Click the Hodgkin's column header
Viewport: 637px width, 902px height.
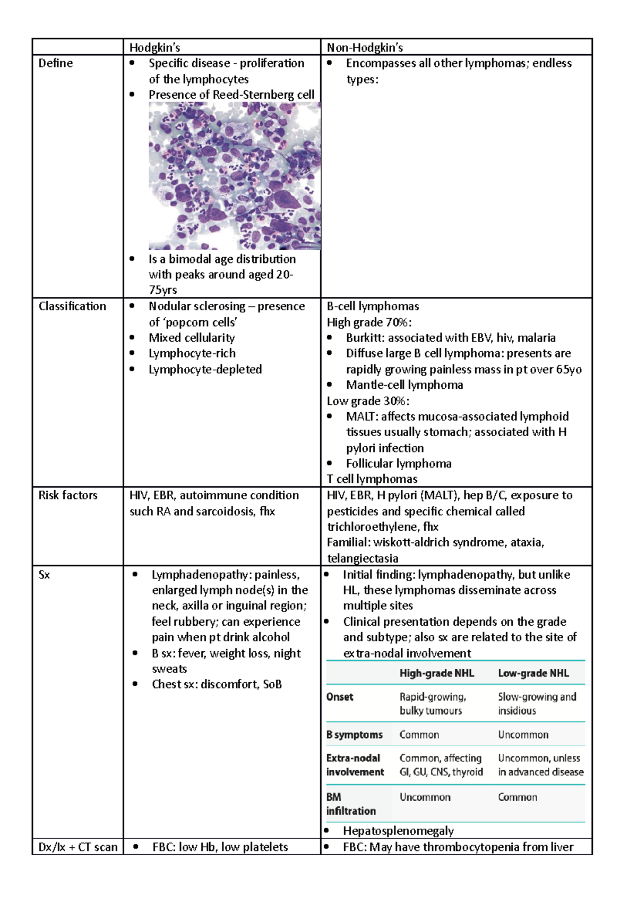tap(154, 48)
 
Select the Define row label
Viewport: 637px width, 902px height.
tap(56, 63)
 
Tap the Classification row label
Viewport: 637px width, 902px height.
tap(72, 307)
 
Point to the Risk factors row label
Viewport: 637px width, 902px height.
tap(68, 496)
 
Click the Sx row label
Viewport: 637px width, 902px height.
tap(44, 575)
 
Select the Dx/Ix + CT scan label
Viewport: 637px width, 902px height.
tap(78, 847)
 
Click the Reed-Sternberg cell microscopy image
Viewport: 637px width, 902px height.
tap(234, 176)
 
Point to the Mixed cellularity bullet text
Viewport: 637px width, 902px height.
tap(192, 338)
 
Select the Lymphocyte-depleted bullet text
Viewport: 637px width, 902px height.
tap(205, 369)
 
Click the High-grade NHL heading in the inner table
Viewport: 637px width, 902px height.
tap(436, 674)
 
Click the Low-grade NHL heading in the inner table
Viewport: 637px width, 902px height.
tap(533, 674)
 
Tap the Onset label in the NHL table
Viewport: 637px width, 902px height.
tap(340, 697)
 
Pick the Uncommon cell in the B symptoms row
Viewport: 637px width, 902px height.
tap(523, 735)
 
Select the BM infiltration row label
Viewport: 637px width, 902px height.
tap(350, 804)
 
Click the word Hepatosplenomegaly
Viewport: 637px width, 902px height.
tap(398, 831)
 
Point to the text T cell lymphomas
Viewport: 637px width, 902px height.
tap(372, 479)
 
